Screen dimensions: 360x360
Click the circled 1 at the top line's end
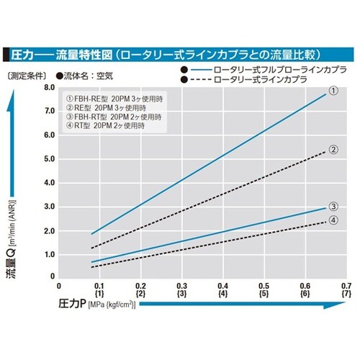333,91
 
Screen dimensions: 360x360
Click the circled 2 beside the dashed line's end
333,150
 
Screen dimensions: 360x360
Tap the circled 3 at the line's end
333,207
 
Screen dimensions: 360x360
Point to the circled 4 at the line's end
333,220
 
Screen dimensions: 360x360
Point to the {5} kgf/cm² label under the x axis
264,295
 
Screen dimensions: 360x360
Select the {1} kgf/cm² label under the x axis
100,295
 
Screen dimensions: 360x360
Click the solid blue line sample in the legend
202,68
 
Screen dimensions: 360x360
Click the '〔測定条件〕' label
27,73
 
